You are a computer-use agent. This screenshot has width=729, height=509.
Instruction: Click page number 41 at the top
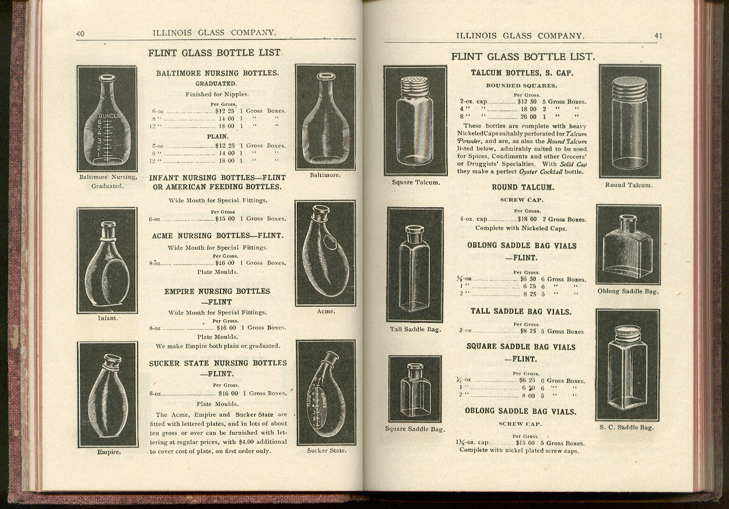click(658, 36)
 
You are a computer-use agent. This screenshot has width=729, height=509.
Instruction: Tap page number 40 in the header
click(80, 34)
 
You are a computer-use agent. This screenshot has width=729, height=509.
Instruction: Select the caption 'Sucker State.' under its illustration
click(327, 451)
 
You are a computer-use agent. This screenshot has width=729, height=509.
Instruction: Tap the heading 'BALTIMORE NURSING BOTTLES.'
click(217, 74)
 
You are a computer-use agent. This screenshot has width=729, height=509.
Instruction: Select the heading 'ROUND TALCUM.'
click(523, 188)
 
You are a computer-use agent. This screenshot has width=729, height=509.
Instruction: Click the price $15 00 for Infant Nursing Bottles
click(225, 219)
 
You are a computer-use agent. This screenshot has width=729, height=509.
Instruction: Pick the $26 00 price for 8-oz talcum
click(528, 117)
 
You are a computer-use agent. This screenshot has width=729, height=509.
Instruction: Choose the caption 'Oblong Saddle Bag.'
click(628, 291)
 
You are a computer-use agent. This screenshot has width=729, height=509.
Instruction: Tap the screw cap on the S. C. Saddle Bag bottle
click(628, 333)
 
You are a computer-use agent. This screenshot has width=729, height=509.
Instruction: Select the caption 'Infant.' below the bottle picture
click(108, 319)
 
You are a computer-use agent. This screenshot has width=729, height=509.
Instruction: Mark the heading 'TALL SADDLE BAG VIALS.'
click(521, 312)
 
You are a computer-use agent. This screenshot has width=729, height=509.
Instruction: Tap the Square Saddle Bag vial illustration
click(415, 389)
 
